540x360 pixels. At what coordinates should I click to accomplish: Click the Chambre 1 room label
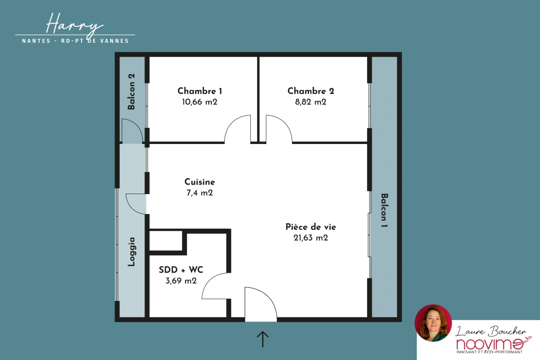(200, 91)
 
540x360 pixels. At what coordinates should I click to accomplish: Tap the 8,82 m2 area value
(311, 102)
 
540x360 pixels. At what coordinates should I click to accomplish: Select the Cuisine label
(200, 182)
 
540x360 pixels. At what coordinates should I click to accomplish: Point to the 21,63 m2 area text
(311, 238)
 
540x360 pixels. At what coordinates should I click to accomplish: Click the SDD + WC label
(181, 270)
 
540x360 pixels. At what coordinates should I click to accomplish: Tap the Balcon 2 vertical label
(131, 92)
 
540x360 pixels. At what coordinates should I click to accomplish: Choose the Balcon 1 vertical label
(384, 210)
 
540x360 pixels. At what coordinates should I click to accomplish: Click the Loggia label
(131, 252)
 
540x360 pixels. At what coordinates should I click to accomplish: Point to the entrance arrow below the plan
(263, 339)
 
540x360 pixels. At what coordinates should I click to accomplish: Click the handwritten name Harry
(74, 25)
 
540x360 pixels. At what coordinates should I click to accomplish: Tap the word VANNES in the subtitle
(114, 41)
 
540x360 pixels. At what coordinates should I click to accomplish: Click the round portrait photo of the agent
(433, 323)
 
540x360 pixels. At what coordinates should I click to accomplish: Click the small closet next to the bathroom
(166, 241)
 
